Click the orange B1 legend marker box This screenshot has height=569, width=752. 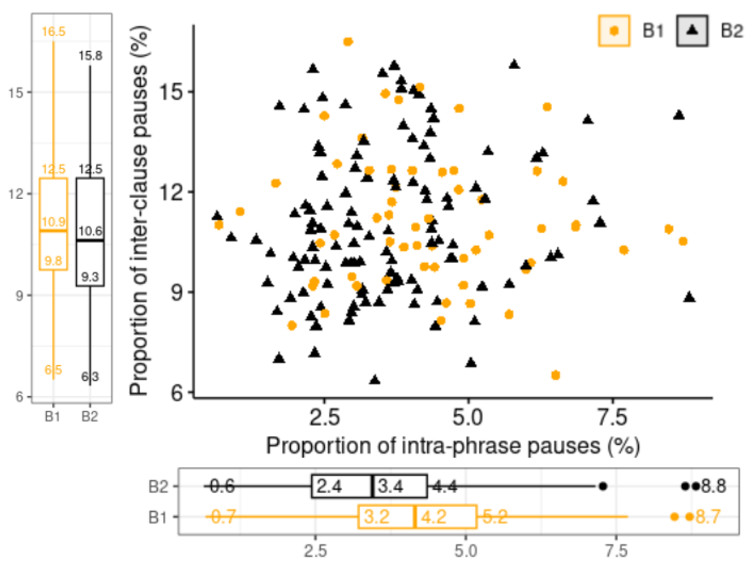[614, 31]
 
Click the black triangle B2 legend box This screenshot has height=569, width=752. [692, 31]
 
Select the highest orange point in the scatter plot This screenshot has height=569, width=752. [348, 42]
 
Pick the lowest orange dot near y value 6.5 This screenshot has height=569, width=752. [555, 375]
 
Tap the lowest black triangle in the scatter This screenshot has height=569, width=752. [375, 380]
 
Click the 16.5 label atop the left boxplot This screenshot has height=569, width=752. [54, 32]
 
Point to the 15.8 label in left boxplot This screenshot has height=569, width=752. [90, 56]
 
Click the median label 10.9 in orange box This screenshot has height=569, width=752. [54, 222]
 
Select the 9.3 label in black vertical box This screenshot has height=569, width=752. [90, 277]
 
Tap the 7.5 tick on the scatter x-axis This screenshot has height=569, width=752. [612, 417]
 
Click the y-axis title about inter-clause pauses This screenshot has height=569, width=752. [139, 210]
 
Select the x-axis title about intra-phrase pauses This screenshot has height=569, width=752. [452, 446]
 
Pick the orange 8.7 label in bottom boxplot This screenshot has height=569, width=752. [707, 517]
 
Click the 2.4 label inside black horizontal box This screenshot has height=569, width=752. [329, 487]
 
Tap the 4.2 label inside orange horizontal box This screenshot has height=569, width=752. [434, 517]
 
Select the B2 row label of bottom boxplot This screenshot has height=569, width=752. [158, 487]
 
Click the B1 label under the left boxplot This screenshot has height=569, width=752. [53, 417]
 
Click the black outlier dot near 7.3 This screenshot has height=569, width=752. [603, 487]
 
